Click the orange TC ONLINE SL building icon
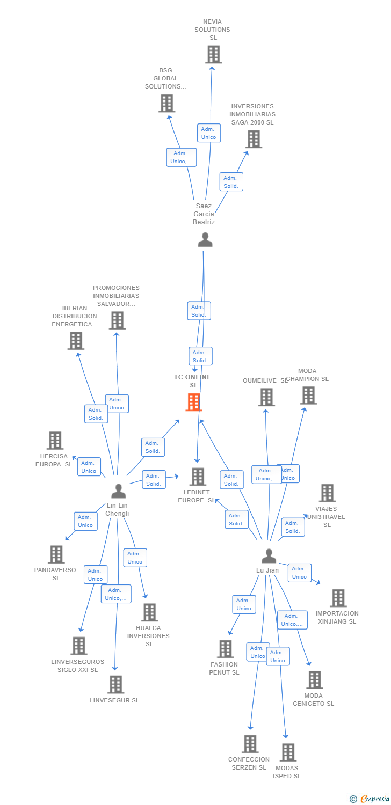pos(194,402)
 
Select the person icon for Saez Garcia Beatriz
pos(205,239)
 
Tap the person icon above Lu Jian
pos(269,556)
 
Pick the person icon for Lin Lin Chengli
pos(118,491)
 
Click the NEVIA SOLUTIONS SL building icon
pos(213,54)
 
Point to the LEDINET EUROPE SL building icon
pos(198,477)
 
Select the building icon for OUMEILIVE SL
pos(266,397)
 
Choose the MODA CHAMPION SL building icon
pos(308,396)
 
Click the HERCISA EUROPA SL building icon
pos(55,441)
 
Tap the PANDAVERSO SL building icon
pos(56,554)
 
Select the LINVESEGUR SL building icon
pos(115,684)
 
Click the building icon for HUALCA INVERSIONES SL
pos(149,612)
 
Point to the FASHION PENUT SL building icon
pos(226,649)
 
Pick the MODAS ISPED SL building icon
pos(288,752)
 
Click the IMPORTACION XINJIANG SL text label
pos(337,617)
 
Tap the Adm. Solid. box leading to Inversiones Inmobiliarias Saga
pos(231,182)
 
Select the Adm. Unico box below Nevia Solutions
pos(208,133)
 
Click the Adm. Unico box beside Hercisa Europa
pos(89,467)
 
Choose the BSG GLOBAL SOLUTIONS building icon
pos(166,103)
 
